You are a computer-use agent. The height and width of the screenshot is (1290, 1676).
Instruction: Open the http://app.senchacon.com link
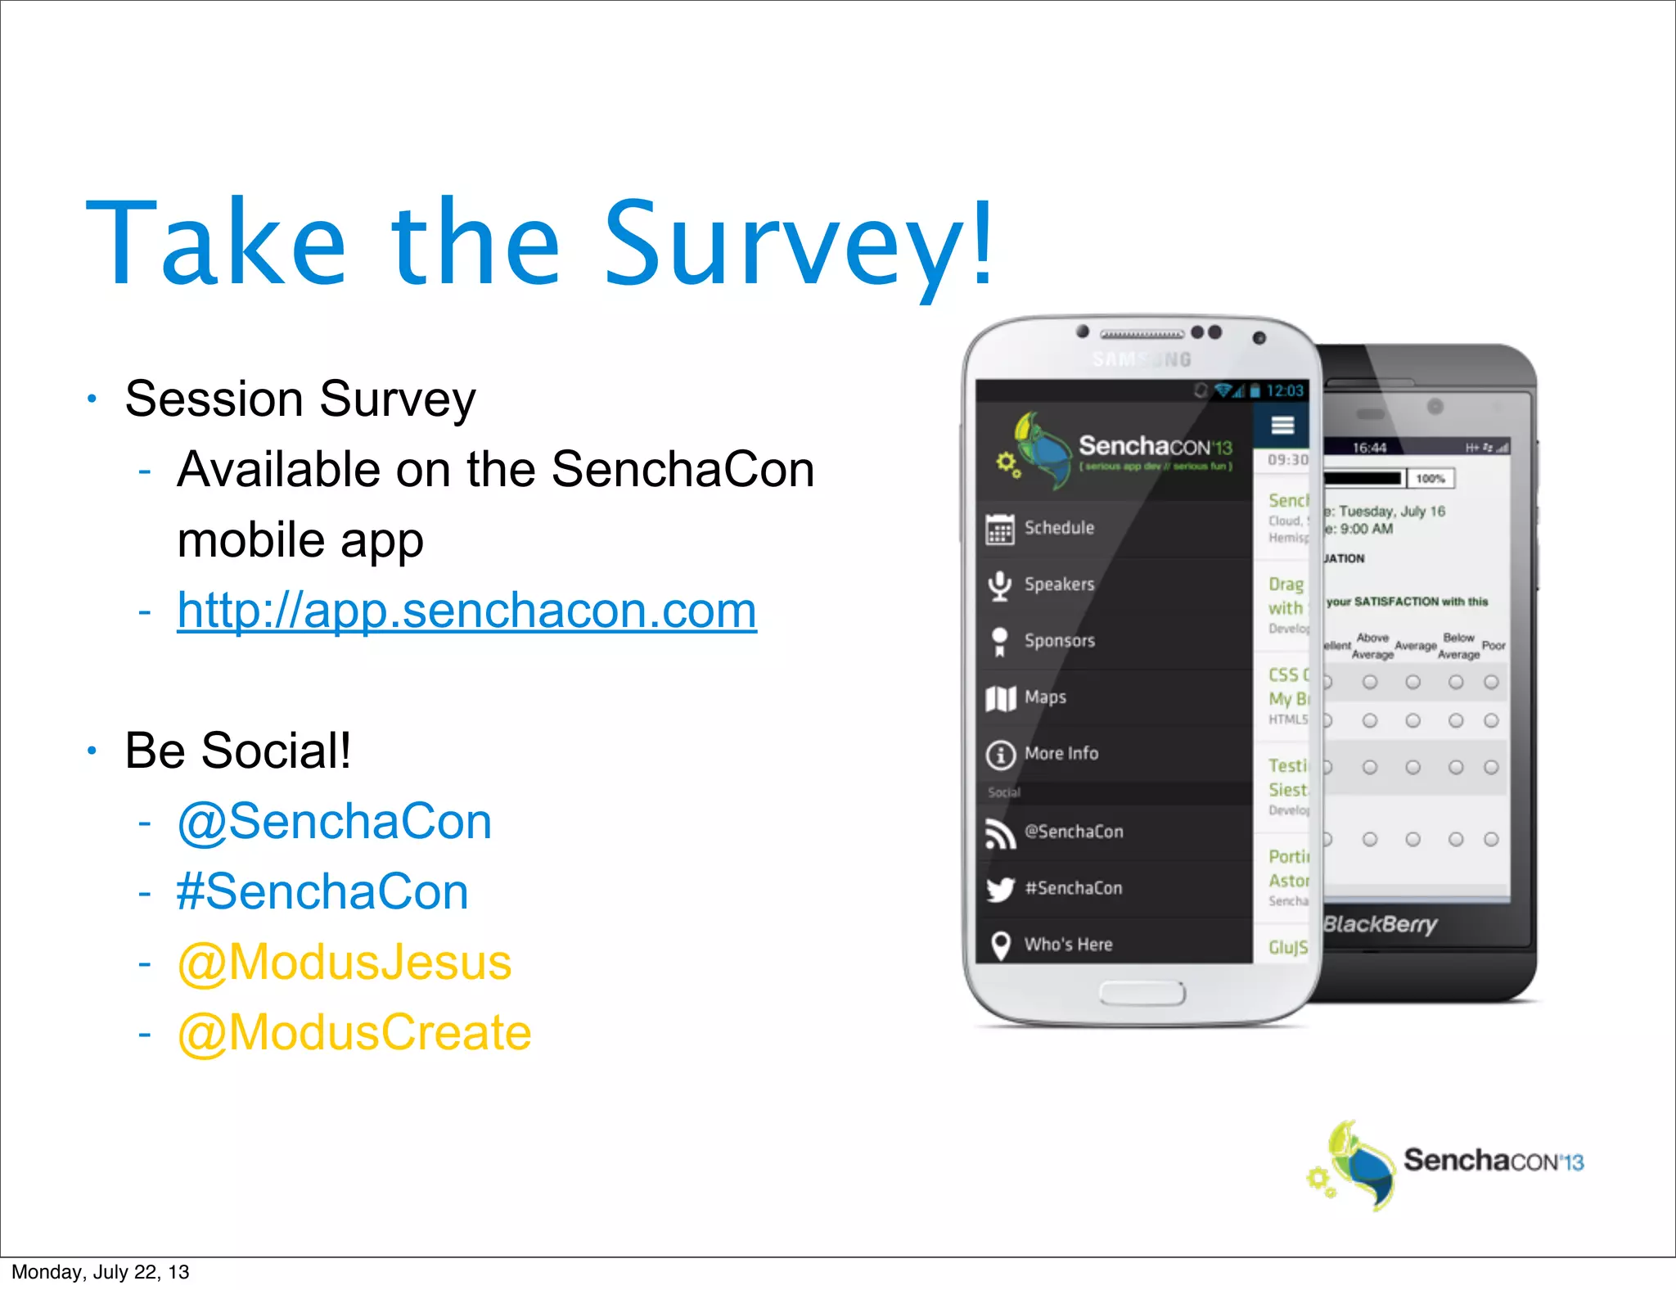click(x=466, y=611)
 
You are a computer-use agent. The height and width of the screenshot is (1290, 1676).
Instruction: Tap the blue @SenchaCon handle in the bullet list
click(x=334, y=822)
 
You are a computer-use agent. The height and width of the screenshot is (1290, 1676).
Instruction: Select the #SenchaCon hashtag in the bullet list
click(x=322, y=892)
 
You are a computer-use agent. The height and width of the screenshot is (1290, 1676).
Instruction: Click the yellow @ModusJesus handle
click(x=344, y=963)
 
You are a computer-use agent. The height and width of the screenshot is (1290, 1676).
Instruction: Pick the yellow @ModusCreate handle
click(x=354, y=1033)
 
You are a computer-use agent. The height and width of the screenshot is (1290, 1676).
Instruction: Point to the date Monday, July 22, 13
click(x=100, y=1272)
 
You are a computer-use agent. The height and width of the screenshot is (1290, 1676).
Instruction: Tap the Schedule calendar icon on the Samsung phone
click(x=1000, y=529)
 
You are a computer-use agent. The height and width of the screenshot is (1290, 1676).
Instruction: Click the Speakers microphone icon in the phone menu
click(x=1000, y=585)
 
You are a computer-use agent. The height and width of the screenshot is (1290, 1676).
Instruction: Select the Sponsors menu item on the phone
click(x=1059, y=641)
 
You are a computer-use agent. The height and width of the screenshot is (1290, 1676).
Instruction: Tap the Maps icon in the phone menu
click(x=1000, y=698)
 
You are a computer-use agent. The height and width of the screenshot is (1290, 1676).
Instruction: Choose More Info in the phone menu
click(x=1061, y=753)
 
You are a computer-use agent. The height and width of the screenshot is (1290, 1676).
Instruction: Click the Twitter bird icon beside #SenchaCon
click(x=1000, y=889)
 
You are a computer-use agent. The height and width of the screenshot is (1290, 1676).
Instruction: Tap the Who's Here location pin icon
click(x=1000, y=945)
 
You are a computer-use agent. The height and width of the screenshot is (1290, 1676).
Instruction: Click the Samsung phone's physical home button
click(x=1142, y=993)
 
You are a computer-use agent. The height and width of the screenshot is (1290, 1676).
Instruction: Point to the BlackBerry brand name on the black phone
click(x=1381, y=924)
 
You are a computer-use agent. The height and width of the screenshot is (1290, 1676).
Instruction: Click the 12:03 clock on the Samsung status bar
click(x=1285, y=391)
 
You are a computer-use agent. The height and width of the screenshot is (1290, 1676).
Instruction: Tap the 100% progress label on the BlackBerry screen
click(x=1430, y=479)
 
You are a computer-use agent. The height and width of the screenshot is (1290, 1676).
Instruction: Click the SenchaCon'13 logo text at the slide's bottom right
click(x=1493, y=1161)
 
